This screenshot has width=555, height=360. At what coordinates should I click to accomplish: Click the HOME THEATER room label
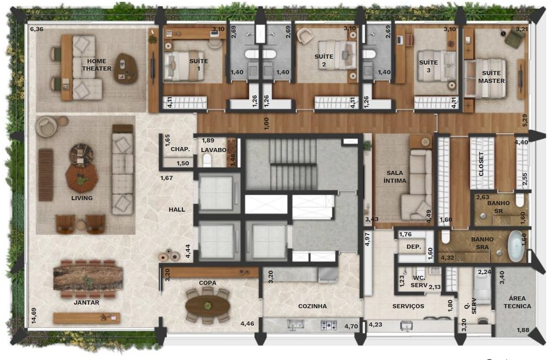click(97, 65)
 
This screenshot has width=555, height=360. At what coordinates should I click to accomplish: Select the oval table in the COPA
click(208, 306)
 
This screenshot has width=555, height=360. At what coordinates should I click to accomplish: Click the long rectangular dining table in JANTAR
click(88, 278)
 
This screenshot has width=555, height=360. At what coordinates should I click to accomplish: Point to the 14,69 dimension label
click(34, 316)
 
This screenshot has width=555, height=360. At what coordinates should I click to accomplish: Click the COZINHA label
click(313, 306)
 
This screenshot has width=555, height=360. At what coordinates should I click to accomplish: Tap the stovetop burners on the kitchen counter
click(329, 325)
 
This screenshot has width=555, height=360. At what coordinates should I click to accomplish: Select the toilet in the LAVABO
click(207, 160)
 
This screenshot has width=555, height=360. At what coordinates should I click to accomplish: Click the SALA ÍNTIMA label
click(395, 177)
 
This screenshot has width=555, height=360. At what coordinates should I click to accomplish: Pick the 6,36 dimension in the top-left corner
click(37, 29)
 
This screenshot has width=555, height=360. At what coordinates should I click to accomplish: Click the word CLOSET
click(481, 164)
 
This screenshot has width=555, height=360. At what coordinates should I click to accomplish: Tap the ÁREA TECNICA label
click(517, 302)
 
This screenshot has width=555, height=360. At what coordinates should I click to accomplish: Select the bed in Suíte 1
click(184, 66)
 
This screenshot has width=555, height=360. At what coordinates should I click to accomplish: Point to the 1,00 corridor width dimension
click(266, 123)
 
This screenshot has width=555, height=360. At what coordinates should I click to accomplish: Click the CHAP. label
click(180, 149)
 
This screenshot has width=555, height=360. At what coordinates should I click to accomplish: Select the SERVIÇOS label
click(408, 306)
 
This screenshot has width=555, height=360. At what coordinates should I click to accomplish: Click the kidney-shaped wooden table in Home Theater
click(126, 68)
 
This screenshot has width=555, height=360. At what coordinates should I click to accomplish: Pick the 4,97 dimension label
click(367, 239)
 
